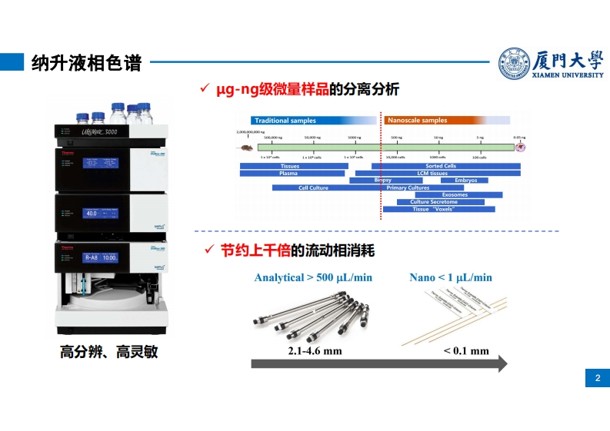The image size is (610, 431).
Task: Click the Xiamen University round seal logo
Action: click(515, 64)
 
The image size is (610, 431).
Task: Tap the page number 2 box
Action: click(597, 378)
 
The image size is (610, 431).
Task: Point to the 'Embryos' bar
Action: click(465, 181)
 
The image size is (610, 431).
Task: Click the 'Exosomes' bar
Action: click(455, 195)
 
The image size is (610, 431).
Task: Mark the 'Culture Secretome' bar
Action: click(434, 202)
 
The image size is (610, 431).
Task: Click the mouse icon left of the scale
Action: click(246, 145)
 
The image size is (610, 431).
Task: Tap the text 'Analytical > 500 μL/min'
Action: click(313, 277)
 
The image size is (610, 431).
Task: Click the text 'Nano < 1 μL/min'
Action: click(451, 277)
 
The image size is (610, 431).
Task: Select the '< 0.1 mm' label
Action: click(465, 350)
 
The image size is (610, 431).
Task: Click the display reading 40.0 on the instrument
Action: click(91, 213)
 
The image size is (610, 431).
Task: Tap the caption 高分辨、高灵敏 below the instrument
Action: click(109, 353)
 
